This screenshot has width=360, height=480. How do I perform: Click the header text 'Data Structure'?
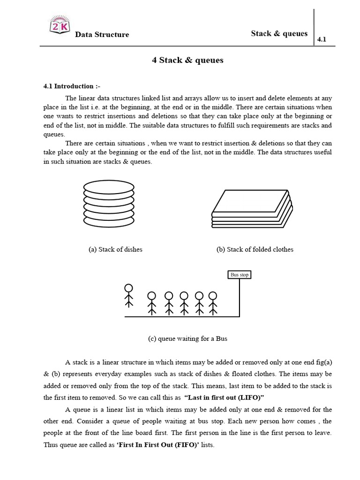tap(102, 35)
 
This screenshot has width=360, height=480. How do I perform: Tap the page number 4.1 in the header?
tap(322, 40)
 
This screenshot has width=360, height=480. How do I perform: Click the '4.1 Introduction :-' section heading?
tap(72, 86)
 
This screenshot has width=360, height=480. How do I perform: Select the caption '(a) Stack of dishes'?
tap(115, 249)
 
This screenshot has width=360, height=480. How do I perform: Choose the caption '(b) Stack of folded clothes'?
tap(255, 249)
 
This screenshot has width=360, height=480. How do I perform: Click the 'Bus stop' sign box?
tap(240, 275)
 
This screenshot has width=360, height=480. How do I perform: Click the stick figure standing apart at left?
tap(128, 296)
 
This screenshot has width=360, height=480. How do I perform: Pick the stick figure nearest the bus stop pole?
tap(213, 303)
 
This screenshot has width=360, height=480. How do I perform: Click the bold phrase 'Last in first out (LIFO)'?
tap(225, 397)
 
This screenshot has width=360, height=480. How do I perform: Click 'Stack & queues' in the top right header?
tap(279, 33)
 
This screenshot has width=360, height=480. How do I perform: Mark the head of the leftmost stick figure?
tap(128, 288)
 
